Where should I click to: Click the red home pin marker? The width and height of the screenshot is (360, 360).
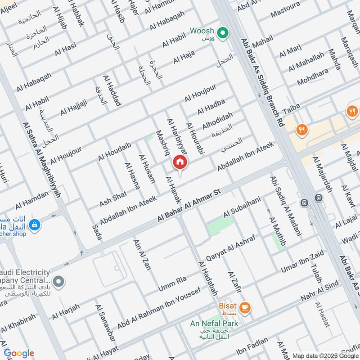(x=180, y=163)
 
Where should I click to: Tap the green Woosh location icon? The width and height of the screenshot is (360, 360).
(x=221, y=32)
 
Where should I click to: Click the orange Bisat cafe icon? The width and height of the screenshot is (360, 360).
(x=245, y=307)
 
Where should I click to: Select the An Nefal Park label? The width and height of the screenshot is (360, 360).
(x=214, y=323)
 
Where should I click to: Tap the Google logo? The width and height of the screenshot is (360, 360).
(x=19, y=353)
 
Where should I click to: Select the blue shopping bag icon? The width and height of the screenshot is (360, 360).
(x=34, y=224)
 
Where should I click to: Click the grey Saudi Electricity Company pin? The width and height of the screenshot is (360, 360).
(x=58, y=282)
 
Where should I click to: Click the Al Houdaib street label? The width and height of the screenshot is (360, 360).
(x=114, y=151)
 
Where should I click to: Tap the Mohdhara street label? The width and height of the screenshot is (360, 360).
(x=316, y=77)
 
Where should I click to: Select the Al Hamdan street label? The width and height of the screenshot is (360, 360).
(x=31, y=200)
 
